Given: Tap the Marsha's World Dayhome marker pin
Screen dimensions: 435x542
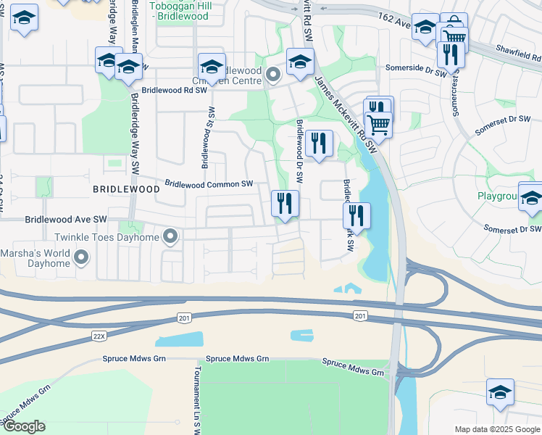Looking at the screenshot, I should click(x=81, y=257).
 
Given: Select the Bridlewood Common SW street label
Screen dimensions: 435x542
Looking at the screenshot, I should click(x=209, y=185).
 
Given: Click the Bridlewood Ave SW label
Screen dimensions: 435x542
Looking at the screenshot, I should click(x=66, y=219).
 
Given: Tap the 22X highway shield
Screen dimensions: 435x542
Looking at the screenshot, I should click(x=99, y=336).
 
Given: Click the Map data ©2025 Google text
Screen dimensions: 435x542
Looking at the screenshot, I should click(x=496, y=429).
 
